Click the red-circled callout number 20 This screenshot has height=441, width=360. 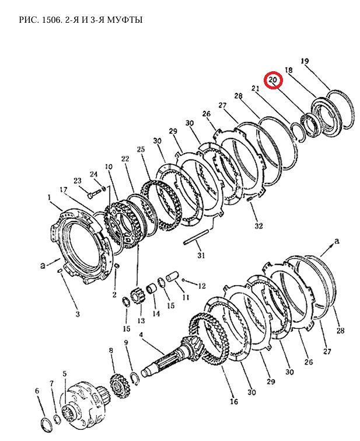click(x=273, y=79)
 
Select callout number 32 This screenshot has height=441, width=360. click(x=258, y=225)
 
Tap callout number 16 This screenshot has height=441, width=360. click(x=234, y=402)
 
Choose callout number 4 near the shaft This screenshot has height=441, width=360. click(x=141, y=335)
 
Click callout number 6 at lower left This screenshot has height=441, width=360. click(x=37, y=391)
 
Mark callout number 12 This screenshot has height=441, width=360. click(x=202, y=286)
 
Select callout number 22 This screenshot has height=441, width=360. click(x=125, y=159)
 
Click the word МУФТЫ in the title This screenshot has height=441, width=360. click(x=123, y=20)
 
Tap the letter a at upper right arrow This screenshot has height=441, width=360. click(x=337, y=241)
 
